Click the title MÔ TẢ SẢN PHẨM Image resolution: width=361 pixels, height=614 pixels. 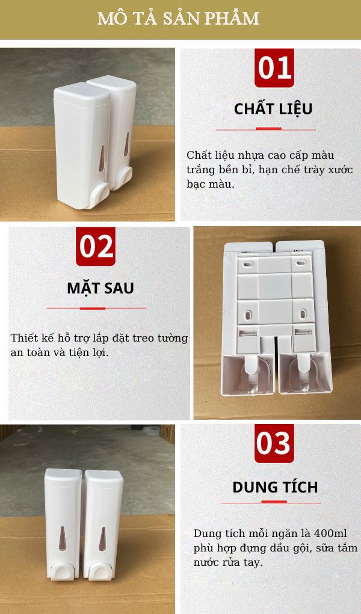(x=179, y=19)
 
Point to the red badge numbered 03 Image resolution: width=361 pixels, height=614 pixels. (x=274, y=444)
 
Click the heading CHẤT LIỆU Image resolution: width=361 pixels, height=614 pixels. (x=273, y=109)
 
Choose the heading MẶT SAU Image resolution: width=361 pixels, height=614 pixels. (x=100, y=288)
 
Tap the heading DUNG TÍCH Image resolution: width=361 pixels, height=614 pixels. (x=275, y=487)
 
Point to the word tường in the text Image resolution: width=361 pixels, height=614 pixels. (x=174, y=338)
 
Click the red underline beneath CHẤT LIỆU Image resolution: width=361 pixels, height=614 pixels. (x=265, y=129)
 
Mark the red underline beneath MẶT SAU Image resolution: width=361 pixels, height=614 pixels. (x=96, y=308)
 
